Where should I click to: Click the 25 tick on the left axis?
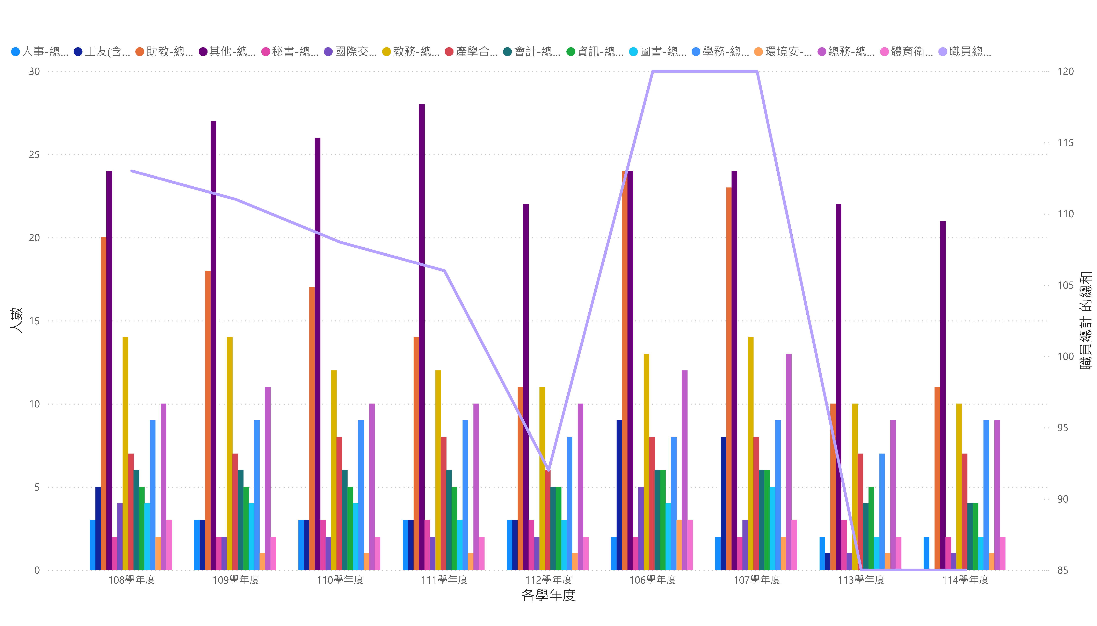[x=34, y=155]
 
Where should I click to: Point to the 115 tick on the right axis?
[x=1065, y=143]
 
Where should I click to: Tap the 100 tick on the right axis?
[x=1065, y=356]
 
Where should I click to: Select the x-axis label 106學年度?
[x=653, y=580]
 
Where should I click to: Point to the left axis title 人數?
[x=16, y=320]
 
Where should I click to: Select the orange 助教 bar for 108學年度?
[x=104, y=404]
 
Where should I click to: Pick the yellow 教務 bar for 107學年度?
[x=751, y=454]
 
